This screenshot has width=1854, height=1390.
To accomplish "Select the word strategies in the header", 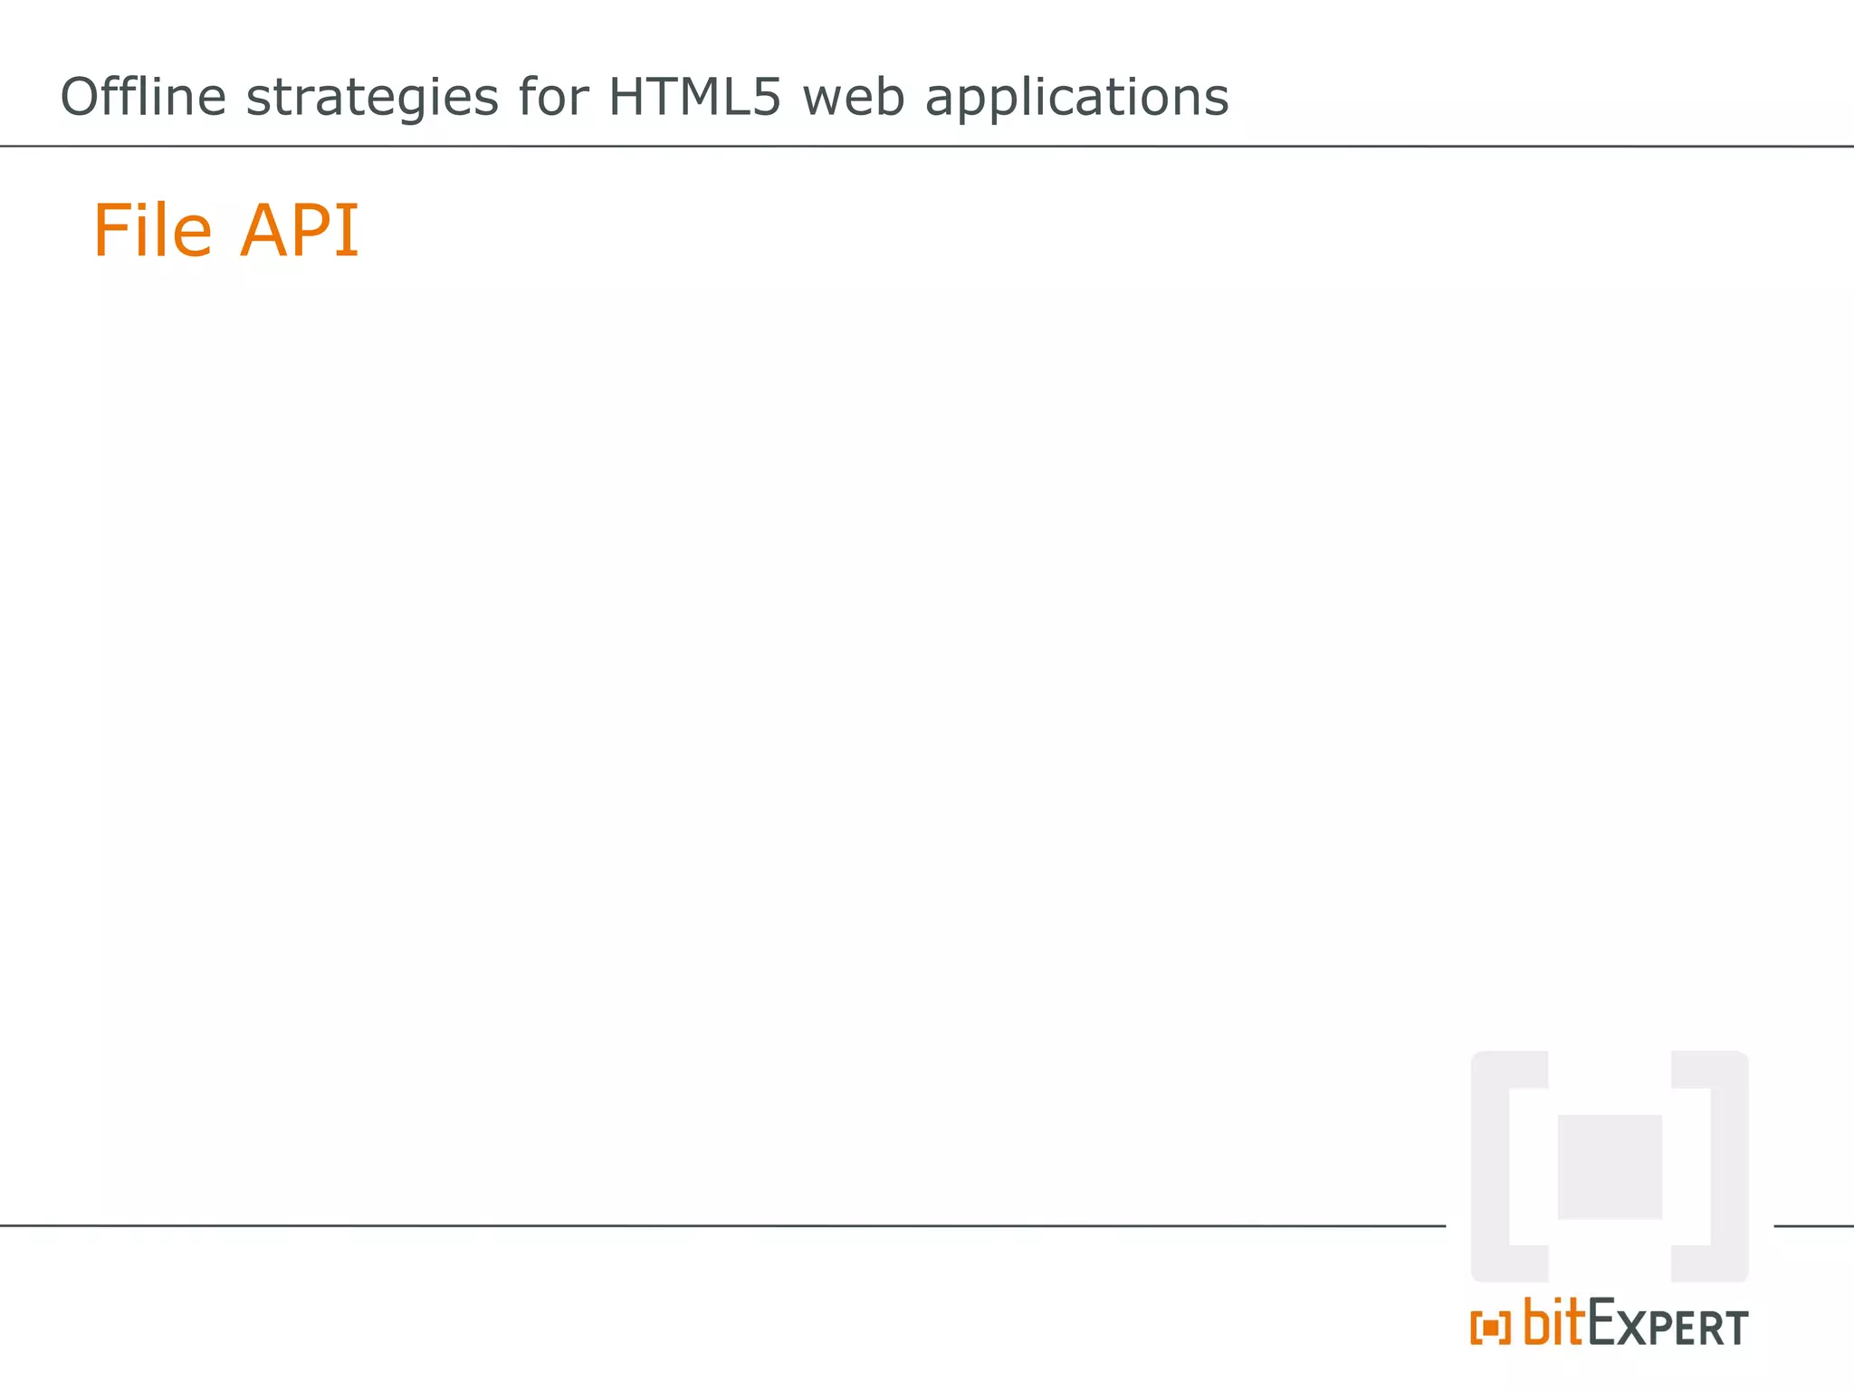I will click(x=372, y=98).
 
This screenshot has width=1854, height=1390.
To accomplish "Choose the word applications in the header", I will click(x=1076, y=98).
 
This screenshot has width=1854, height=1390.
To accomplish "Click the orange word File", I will click(x=153, y=231).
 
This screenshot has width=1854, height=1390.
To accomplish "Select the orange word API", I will click(x=300, y=231).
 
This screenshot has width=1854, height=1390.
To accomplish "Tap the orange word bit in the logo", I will click(x=1554, y=1322).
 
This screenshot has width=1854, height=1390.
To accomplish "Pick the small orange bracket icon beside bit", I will click(x=1490, y=1328).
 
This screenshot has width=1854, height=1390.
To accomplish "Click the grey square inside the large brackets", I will click(x=1610, y=1166).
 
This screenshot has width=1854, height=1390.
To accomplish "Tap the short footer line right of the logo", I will click(x=1813, y=1226).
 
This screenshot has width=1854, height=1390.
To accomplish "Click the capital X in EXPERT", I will click(x=1632, y=1328).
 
